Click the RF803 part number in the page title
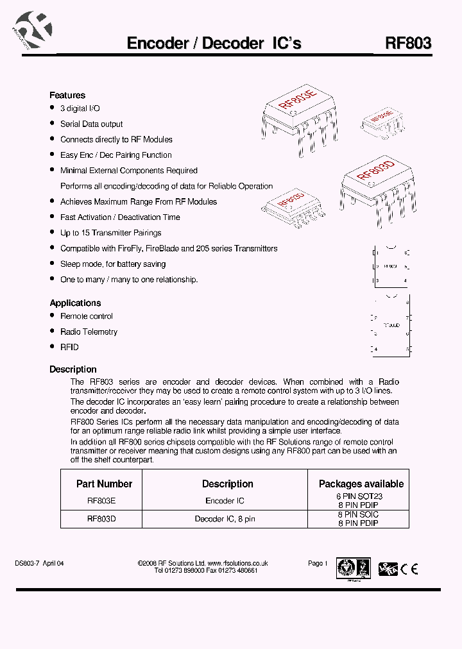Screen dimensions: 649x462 tap(408, 43)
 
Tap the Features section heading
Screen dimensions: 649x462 tap(67, 95)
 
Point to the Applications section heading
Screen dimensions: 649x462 tap(75, 303)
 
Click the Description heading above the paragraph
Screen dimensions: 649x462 tap(73, 369)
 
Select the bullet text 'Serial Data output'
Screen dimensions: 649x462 tap(91, 124)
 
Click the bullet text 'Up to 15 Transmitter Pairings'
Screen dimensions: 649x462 tap(110, 233)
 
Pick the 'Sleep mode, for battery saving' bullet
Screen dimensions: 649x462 tap(113, 264)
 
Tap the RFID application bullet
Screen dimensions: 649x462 tap(69, 347)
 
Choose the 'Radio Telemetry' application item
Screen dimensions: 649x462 tap(89, 332)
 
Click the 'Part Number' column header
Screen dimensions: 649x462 tap(104, 484)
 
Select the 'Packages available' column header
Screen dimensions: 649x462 tap(361, 484)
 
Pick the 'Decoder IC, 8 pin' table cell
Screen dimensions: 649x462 tap(225, 519)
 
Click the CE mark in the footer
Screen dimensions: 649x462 tap(409, 568)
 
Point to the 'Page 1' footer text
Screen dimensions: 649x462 tap(318, 563)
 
